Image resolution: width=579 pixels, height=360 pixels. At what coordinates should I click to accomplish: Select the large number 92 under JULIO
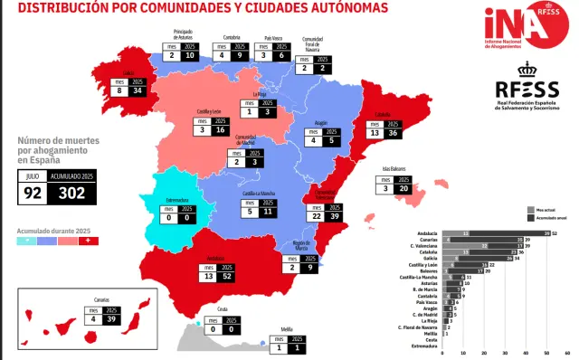point(33,191)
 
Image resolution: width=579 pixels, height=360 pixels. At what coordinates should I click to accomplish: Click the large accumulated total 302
point(72,191)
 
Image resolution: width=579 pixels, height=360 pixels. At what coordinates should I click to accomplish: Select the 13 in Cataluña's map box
point(374,132)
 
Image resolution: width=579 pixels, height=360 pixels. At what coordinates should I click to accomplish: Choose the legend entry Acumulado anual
point(548,218)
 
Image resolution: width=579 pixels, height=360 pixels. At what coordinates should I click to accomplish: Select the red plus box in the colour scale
point(97,242)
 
